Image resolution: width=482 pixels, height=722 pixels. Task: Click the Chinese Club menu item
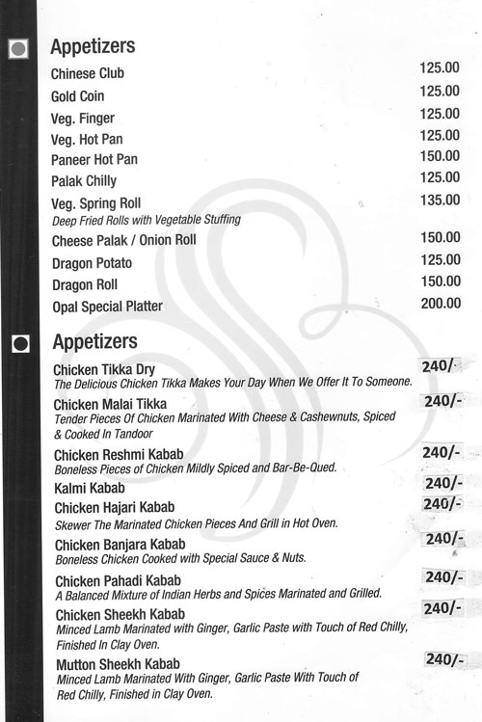tap(88, 73)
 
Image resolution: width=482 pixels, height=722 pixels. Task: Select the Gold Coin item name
tap(77, 96)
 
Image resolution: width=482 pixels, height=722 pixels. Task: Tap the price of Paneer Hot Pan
tap(440, 156)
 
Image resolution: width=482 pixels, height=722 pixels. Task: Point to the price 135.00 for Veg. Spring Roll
tap(440, 200)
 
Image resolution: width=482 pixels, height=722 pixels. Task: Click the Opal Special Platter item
tap(107, 307)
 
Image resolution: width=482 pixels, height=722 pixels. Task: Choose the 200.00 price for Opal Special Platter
tap(440, 303)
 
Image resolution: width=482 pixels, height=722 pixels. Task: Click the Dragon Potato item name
tap(93, 263)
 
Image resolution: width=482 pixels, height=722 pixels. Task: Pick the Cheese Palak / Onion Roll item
tap(124, 240)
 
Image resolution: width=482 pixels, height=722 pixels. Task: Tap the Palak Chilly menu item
tap(84, 181)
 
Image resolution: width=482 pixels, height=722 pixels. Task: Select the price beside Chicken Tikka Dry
tap(442, 366)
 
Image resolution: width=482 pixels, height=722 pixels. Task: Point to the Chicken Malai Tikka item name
tap(111, 404)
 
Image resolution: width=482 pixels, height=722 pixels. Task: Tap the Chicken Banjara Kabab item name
tap(120, 545)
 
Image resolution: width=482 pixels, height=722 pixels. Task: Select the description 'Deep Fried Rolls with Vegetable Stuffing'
tap(147, 220)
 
